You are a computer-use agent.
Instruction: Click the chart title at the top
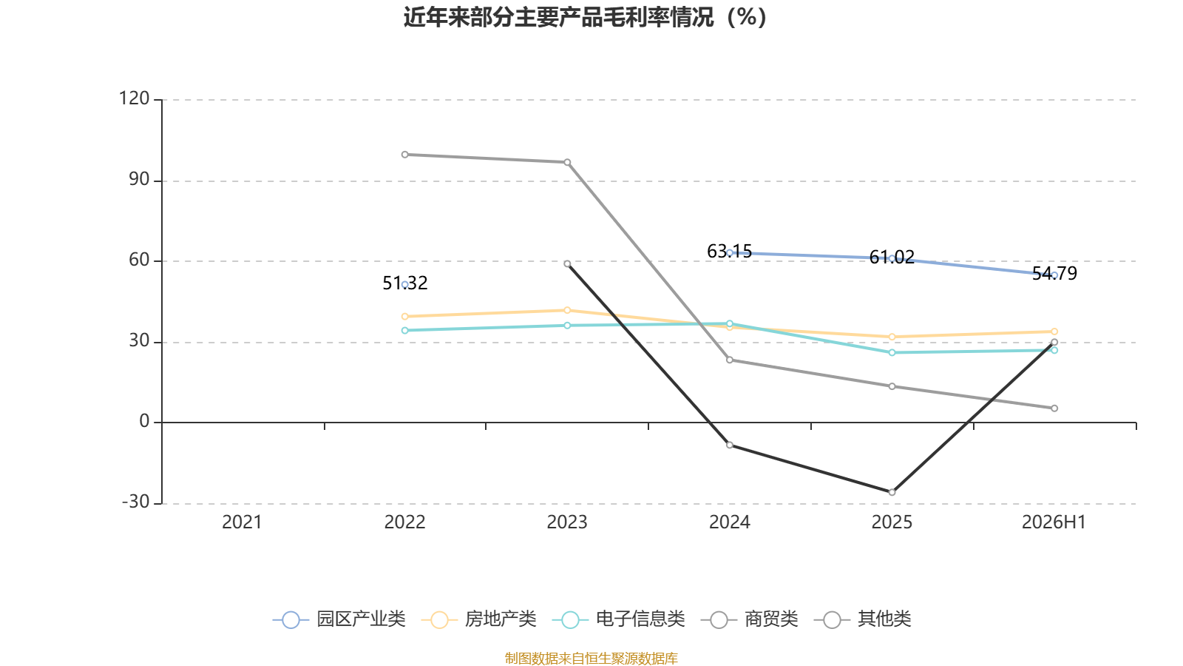(585, 17)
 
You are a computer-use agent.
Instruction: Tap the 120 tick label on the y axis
(134, 98)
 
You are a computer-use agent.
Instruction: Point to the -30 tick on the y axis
(136, 502)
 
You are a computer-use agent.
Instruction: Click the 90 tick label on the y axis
(140, 180)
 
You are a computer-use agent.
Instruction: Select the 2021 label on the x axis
(242, 522)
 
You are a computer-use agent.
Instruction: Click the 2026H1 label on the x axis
(1054, 522)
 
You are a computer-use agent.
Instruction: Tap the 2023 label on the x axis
(567, 522)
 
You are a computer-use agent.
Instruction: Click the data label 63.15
(729, 251)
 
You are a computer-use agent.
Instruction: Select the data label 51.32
(405, 283)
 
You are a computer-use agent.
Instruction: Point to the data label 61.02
(892, 257)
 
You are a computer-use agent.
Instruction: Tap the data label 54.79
(1054, 273)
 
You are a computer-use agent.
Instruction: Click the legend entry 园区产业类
(339, 619)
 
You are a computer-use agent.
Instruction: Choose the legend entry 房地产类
(479, 619)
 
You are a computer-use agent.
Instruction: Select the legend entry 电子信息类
(618, 619)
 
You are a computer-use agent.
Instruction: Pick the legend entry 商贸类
(750, 619)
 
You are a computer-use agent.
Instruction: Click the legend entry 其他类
(862, 619)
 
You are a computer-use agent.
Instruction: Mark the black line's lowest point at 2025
(892, 492)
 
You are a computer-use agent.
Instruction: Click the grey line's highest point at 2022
(405, 155)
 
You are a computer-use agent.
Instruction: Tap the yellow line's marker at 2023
(567, 310)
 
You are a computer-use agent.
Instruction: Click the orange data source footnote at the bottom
(591, 658)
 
